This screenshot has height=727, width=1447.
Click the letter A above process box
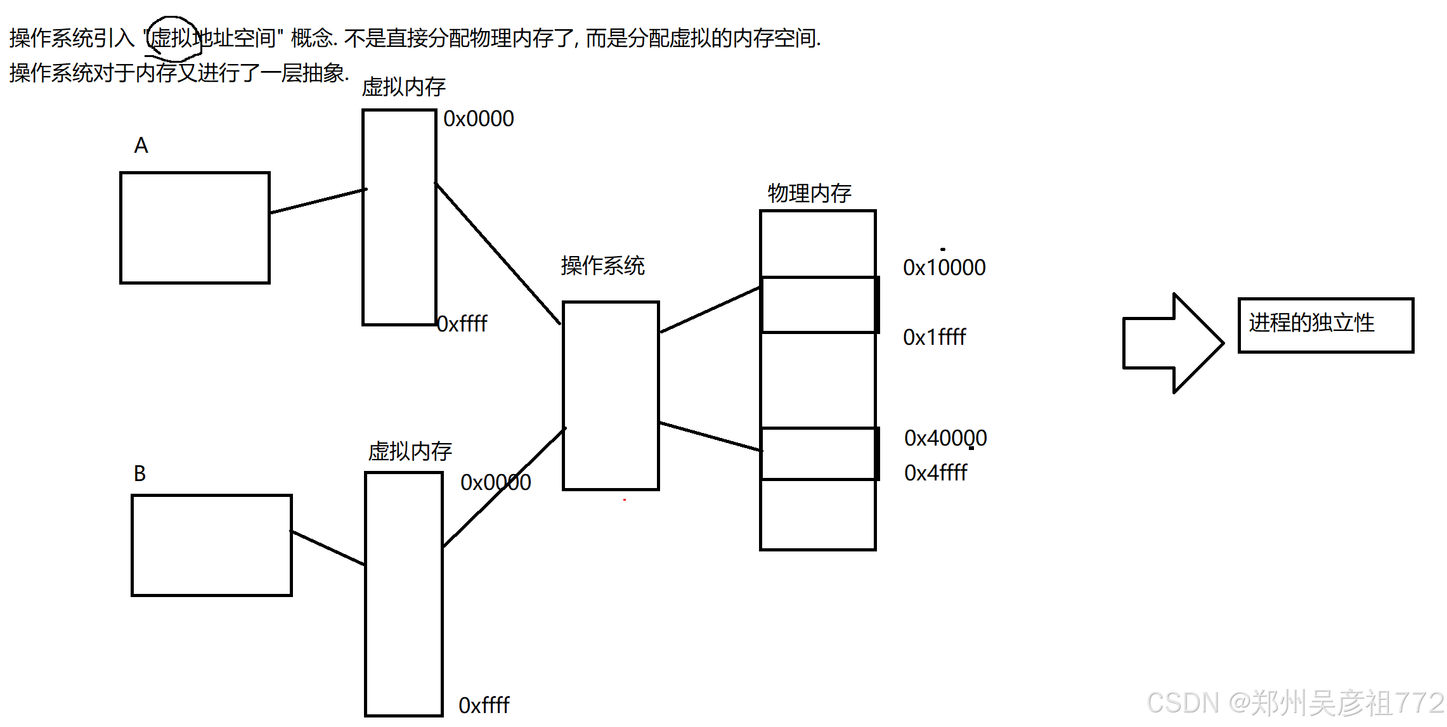pyautogui.click(x=141, y=146)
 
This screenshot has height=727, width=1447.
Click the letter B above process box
pyautogui.click(x=140, y=473)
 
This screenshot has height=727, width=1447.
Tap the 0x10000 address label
pyautogui.click(x=944, y=267)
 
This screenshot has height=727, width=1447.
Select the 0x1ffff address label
pyautogui.click(x=934, y=337)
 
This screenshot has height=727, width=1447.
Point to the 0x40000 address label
pyautogui.click(x=945, y=438)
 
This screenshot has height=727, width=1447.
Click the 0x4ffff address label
pyautogui.click(x=935, y=473)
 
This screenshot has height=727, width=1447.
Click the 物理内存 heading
pyautogui.click(x=809, y=193)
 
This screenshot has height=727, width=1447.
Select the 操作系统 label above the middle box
pyautogui.click(x=602, y=266)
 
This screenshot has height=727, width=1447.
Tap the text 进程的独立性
pyautogui.click(x=1311, y=323)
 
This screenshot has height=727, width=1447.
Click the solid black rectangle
pyautogui.click(x=677, y=613)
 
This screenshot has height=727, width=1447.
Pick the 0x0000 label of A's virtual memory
pyautogui.click(x=478, y=119)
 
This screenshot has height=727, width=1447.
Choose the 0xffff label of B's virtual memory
pyautogui.click(x=484, y=705)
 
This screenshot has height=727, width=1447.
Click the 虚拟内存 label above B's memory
pyautogui.click(x=410, y=451)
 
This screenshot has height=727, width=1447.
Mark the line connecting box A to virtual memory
pyautogui.click(x=317, y=201)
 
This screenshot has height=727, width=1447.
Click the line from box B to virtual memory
pyautogui.click(x=328, y=548)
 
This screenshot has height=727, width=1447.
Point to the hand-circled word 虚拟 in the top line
pyautogui.click(x=172, y=39)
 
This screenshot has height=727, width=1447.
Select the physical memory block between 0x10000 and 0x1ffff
pyautogui.click(x=817, y=305)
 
